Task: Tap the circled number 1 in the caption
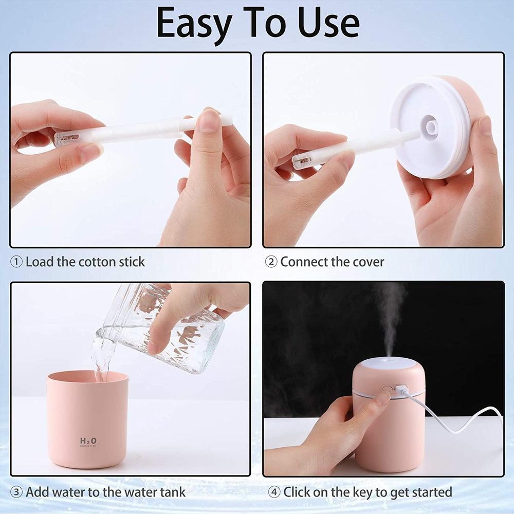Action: point(17,262)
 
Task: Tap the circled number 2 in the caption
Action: point(271,262)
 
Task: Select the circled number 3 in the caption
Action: point(17,492)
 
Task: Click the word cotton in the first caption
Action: point(97,262)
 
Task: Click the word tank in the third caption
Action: point(172,492)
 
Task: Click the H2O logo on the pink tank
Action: point(88,441)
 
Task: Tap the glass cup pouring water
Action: point(164,329)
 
